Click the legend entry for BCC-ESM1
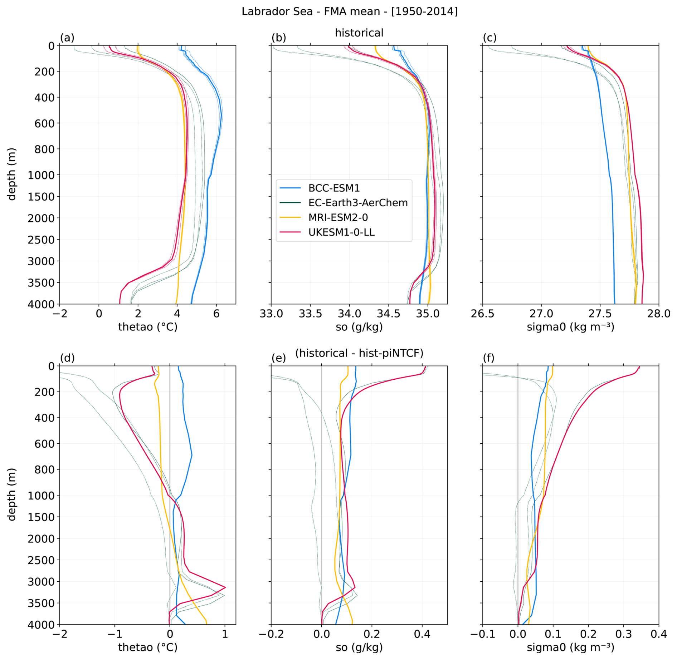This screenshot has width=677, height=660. coord(334,188)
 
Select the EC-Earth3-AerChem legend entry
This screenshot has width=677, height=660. coord(358,203)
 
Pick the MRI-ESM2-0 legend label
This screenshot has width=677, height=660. coord(338,217)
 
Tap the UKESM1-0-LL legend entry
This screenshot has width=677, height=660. coord(341,232)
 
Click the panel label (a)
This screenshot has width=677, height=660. coord(67,38)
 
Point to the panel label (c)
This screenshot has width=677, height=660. coord(490,38)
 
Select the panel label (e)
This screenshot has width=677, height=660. coord(278,358)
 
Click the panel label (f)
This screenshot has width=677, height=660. coord(490,358)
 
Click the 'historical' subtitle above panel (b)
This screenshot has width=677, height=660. coord(359,33)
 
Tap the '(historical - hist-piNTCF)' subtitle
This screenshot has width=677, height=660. coord(359,353)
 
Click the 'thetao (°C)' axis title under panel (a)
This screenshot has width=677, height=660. coord(148,327)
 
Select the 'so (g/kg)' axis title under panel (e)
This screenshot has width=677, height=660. coord(359,647)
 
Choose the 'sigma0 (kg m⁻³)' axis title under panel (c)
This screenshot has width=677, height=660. coord(570,327)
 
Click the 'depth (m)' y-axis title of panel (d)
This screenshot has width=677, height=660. coord(12,494)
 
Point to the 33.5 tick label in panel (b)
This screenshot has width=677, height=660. coord(310,314)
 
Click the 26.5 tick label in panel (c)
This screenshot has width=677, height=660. coord(482,314)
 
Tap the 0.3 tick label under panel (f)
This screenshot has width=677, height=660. coord(623,634)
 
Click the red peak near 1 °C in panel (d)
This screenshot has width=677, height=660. coord(225,587)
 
